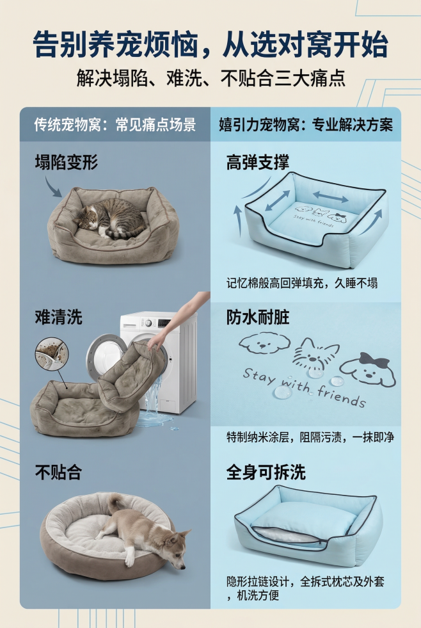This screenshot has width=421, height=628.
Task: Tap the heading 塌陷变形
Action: point(66,162)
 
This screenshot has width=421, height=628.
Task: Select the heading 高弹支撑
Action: point(257,162)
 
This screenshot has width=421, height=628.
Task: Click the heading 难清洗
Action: point(58,317)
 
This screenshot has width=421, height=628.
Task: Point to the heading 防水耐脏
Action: point(257,317)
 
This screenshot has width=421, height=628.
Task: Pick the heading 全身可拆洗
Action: point(266,473)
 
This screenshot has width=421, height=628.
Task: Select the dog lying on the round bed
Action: point(144,531)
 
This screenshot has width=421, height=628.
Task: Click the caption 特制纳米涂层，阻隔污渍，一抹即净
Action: point(310,438)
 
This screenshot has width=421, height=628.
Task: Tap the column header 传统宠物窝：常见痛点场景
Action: point(115,124)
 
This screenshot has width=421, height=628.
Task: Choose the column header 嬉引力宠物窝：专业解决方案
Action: point(305,124)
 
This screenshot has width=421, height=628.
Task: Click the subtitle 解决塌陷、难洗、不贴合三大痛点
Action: point(210,79)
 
